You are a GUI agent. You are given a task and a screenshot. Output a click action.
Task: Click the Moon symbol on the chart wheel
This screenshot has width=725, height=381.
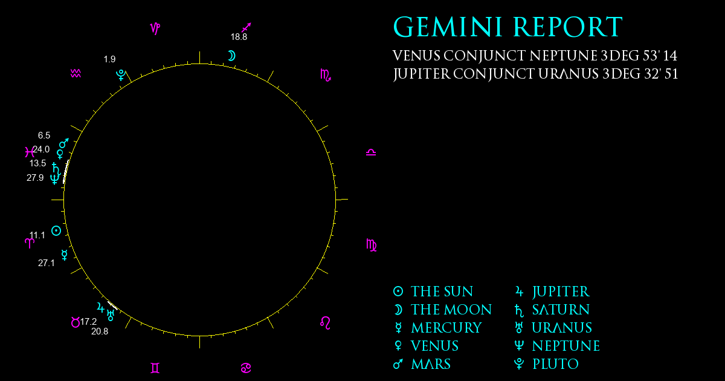coord(233,56)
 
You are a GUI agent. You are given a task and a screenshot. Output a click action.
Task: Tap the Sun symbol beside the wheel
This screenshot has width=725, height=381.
coord(56,230)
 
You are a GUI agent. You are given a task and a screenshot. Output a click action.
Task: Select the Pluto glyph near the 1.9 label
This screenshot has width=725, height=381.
coord(121,75)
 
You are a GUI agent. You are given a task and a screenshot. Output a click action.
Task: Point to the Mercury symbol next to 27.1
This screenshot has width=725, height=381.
coord(65,255)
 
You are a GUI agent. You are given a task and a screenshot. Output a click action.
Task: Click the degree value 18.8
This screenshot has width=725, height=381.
coord(239,37)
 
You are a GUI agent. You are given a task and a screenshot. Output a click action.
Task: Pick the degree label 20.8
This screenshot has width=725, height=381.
coord(100,331)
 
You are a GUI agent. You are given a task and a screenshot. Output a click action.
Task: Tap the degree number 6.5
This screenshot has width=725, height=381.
coord(44,135)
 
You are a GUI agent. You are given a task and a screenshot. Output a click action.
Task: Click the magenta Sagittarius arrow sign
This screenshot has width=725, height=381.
coord(246,27)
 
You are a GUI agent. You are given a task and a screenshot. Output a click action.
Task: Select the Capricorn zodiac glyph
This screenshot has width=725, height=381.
coord(155,28)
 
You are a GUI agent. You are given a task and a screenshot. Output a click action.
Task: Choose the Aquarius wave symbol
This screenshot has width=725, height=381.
coord(76,73)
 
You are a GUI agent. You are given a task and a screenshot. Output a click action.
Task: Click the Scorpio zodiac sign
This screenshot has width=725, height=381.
coord(326,75)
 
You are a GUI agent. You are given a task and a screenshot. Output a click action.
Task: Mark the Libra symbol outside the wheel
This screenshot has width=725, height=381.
coord(371,152)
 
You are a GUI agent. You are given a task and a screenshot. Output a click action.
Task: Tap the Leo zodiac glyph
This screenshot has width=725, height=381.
coord(325,323)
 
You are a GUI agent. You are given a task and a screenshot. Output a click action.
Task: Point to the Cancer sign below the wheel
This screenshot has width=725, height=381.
coord(246,368)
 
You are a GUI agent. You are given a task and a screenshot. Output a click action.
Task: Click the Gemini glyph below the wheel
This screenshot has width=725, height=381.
coord(155,368)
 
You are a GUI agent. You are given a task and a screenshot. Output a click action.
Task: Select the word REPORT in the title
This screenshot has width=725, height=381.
coord(568,27)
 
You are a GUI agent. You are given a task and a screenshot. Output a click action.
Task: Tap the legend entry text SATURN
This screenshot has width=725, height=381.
coord(561,310)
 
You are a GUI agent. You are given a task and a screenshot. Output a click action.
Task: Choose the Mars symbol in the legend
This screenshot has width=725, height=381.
coord(398,364)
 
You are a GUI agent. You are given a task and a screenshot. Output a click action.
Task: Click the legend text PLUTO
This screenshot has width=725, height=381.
coord(556,364)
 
